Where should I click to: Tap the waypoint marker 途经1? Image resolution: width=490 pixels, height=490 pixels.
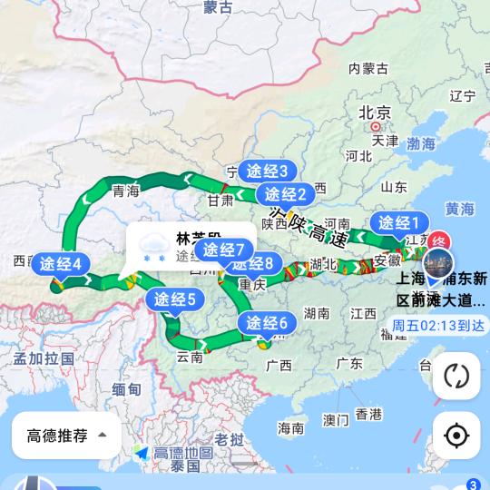pos(397,223)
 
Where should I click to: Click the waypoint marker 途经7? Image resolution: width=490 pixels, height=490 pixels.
pos(225,250)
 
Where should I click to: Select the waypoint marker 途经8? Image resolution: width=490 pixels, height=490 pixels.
pos(253,265)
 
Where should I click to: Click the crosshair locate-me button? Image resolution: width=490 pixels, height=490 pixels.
pos(456,436)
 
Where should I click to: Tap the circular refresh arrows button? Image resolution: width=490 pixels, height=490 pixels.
pos(456,376)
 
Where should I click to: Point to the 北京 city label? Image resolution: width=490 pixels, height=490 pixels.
pos(374,113)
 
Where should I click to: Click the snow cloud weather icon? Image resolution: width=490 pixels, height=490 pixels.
pos(151,245)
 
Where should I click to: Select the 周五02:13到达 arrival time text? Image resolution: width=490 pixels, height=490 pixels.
pos(438,325)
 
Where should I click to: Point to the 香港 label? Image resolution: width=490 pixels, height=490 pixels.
pos(368,415)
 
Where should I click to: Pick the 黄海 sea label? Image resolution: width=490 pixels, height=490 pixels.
pos(460,210)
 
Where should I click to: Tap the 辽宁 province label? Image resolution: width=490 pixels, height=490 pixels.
pos(463,95)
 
